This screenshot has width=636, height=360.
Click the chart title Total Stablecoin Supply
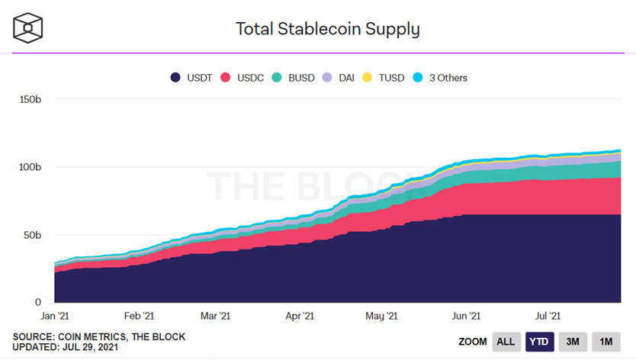(x=328, y=29)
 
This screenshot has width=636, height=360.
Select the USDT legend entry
(x=191, y=77)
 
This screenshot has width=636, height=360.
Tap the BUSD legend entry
(x=294, y=77)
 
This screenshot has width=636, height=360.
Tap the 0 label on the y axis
(x=38, y=301)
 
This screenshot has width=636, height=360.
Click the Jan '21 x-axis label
(x=55, y=315)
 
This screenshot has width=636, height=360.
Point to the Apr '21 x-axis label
(x=300, y=315)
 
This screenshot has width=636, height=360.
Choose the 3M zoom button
(x=573, y=342)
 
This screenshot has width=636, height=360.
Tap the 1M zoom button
(x=606, y=342)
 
